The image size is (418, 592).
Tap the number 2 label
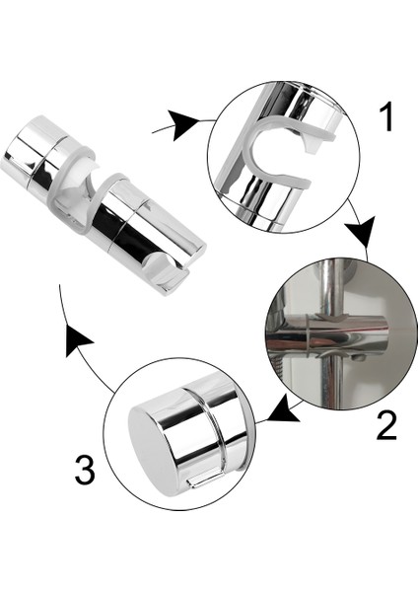point(385,424)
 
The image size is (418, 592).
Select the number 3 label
point(86,469)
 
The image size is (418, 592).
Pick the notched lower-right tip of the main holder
point(174,275)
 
